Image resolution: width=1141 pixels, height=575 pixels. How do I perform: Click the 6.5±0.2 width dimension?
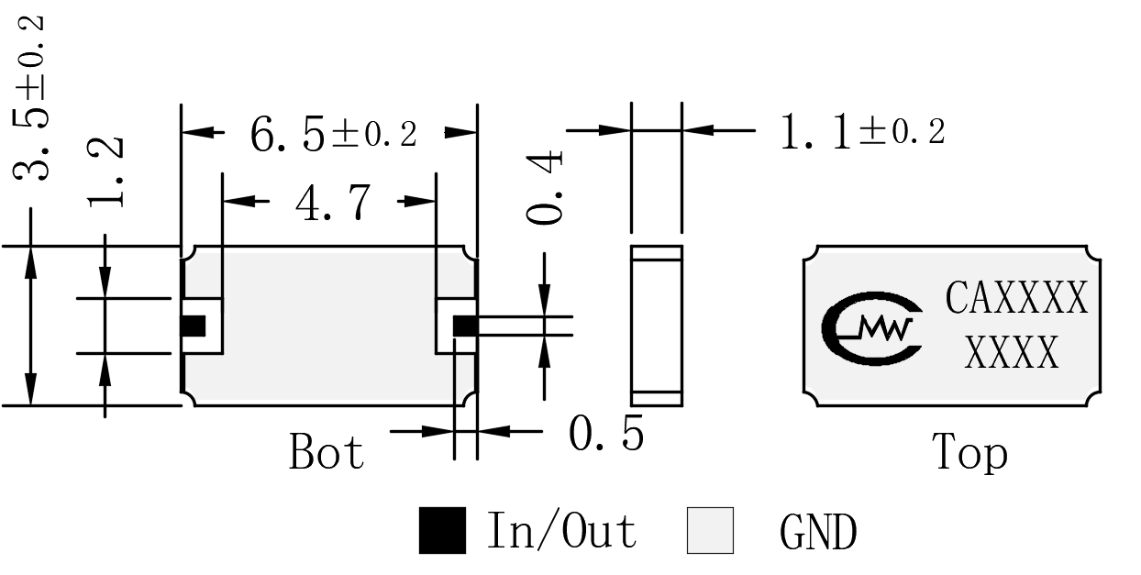point(334,135)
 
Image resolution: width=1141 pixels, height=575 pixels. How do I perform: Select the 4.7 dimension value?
point(333,203)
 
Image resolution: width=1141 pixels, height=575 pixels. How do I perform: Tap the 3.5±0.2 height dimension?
point(30,98)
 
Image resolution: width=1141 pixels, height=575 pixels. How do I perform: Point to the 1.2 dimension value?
point(105,171)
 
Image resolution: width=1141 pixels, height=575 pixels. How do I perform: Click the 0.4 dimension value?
point(545,187)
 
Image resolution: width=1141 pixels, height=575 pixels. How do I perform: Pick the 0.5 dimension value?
point(606,433)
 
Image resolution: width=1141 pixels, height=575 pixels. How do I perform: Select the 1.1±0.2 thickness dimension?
point(863,131)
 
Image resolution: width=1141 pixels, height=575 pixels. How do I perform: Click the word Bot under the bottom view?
point(327,451)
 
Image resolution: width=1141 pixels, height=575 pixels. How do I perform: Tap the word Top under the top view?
point(969,452)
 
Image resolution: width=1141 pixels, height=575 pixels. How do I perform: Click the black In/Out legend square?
point(442,530)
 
